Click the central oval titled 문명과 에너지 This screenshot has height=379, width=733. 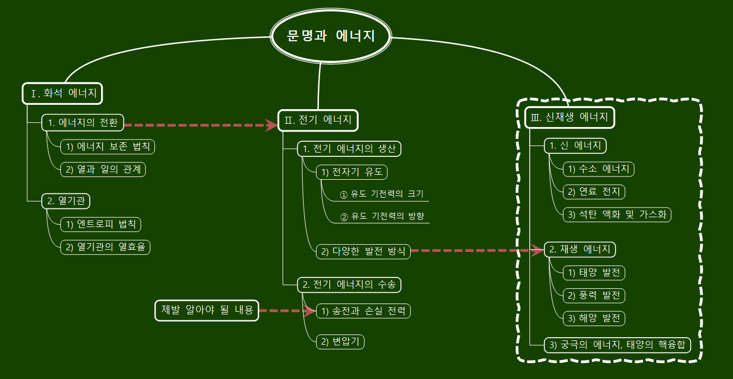click(330, 36)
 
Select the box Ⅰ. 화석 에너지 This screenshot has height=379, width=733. click(62, 93)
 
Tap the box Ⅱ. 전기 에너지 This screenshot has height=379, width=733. click(318, 120)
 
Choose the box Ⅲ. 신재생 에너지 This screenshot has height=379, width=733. click(569, 117)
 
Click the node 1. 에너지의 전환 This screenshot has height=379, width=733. click(83, 123)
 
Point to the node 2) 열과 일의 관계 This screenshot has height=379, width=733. click(103, 169)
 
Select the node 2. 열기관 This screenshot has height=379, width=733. click(66, 201)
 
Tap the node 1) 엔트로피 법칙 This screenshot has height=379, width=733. click(101, 224)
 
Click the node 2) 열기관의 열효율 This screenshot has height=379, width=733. click(105, 247)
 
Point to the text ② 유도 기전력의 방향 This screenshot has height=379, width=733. click(382, 216)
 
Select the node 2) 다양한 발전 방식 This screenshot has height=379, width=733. click(363, 251)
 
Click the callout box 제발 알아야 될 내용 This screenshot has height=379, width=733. click(206, 310)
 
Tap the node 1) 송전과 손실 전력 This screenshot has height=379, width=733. click(363, 311)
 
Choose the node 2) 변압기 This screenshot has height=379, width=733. click(340, 342)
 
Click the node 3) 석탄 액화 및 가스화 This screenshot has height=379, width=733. click(617, 214)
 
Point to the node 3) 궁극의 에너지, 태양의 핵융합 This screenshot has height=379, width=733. click(617, 345)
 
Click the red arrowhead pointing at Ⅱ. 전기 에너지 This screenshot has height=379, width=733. click(271, 125)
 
